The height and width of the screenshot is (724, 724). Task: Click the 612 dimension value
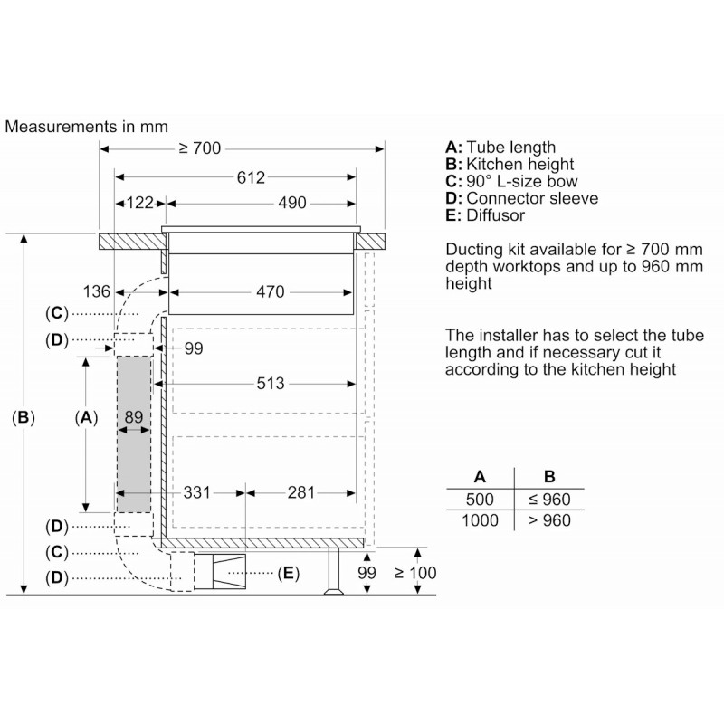[x=251, y=177]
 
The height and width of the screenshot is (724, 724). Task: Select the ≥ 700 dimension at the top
[x=200, y=148]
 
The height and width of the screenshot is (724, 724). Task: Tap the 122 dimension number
[x=140, y=203]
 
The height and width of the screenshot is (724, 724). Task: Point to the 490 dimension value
[x=291, y=203]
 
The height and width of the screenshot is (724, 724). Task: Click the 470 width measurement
[x=270, y=291]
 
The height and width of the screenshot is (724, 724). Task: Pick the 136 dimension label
[x=97, y=291]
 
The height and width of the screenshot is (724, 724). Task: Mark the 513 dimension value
[x=271, y=383]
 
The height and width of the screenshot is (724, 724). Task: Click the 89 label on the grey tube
[x=133, y=417]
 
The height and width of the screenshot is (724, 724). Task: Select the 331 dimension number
[x=196, y=492]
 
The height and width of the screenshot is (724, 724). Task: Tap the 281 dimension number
[x=301, y=492]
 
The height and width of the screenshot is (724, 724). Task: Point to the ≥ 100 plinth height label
[x=415, y=573]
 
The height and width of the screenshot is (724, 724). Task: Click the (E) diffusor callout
[x=289, y=574]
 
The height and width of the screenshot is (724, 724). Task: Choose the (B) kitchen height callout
[x=24, y=417]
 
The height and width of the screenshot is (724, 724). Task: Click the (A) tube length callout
[x=86, y=417]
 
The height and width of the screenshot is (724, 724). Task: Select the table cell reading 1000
[x=480, y=520]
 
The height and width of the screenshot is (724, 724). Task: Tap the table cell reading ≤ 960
[x=549, y=500]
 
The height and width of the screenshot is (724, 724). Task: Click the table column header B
[x=549, y=477]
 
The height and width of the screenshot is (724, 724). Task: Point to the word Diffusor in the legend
[x=495, y=215]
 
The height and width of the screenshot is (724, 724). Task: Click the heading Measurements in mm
[x=86, y=127]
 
